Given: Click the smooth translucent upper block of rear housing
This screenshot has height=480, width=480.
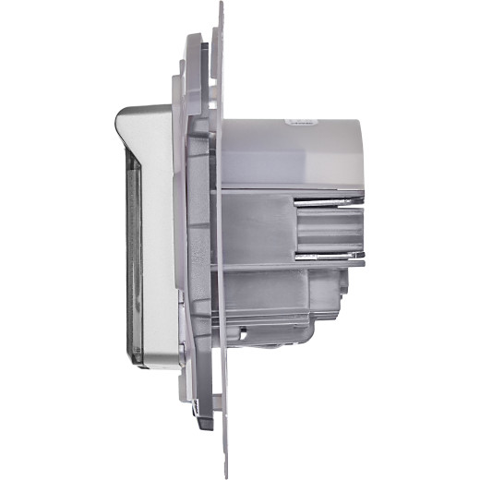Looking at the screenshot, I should point(286,152).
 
